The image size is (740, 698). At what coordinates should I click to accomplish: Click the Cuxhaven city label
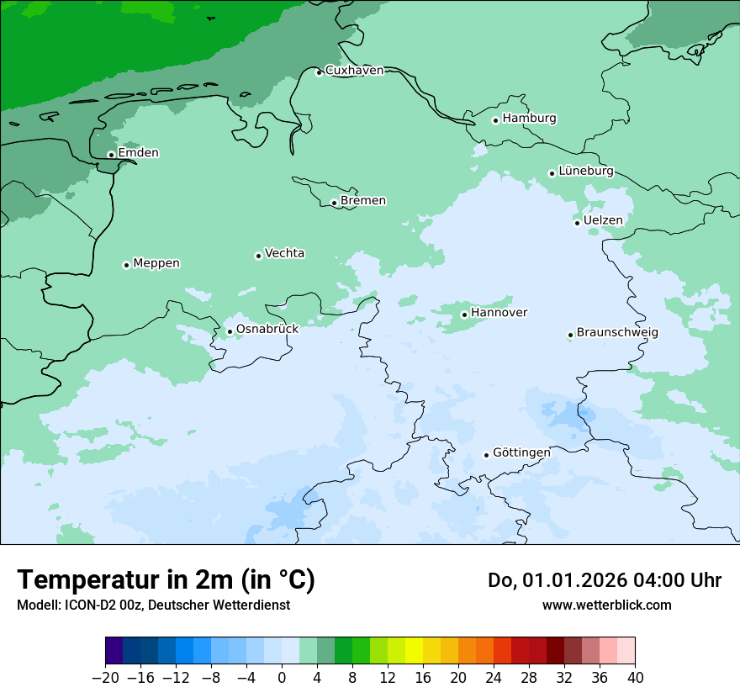354,70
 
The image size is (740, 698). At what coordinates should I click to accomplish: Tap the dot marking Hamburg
496,120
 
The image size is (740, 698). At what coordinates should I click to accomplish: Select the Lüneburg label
586,171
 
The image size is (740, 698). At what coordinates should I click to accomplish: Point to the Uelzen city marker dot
578,223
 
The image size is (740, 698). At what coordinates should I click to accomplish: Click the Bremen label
363,200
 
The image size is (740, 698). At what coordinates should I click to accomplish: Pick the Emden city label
138,152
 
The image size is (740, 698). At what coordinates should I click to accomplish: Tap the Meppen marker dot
126,265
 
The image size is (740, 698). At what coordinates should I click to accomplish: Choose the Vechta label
284,253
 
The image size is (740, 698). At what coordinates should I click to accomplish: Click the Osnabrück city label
267,329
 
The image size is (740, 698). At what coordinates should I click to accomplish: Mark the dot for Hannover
464,315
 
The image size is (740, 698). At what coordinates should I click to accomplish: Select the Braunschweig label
617,332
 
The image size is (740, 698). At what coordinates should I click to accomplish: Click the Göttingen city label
521,452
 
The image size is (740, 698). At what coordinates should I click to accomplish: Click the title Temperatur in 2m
166,580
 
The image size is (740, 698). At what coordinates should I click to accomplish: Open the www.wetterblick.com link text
606,605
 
